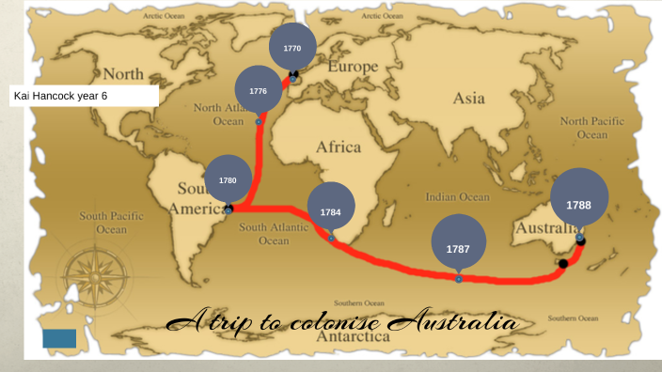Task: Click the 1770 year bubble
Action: (292, 48)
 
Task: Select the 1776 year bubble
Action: (259, 90)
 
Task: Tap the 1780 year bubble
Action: (229, 179)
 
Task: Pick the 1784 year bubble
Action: (331, 211)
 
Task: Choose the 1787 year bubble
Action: (458, 248)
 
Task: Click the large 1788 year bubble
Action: (578, 203)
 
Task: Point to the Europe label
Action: (353, 68)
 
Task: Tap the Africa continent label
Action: (339, 147)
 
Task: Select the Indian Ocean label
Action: (458, 197)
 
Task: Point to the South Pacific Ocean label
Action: (111, 223)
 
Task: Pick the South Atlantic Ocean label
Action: (274, 234)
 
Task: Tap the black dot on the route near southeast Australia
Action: (562, 264)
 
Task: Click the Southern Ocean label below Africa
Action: (358, 303)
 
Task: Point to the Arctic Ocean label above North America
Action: (165, 17)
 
